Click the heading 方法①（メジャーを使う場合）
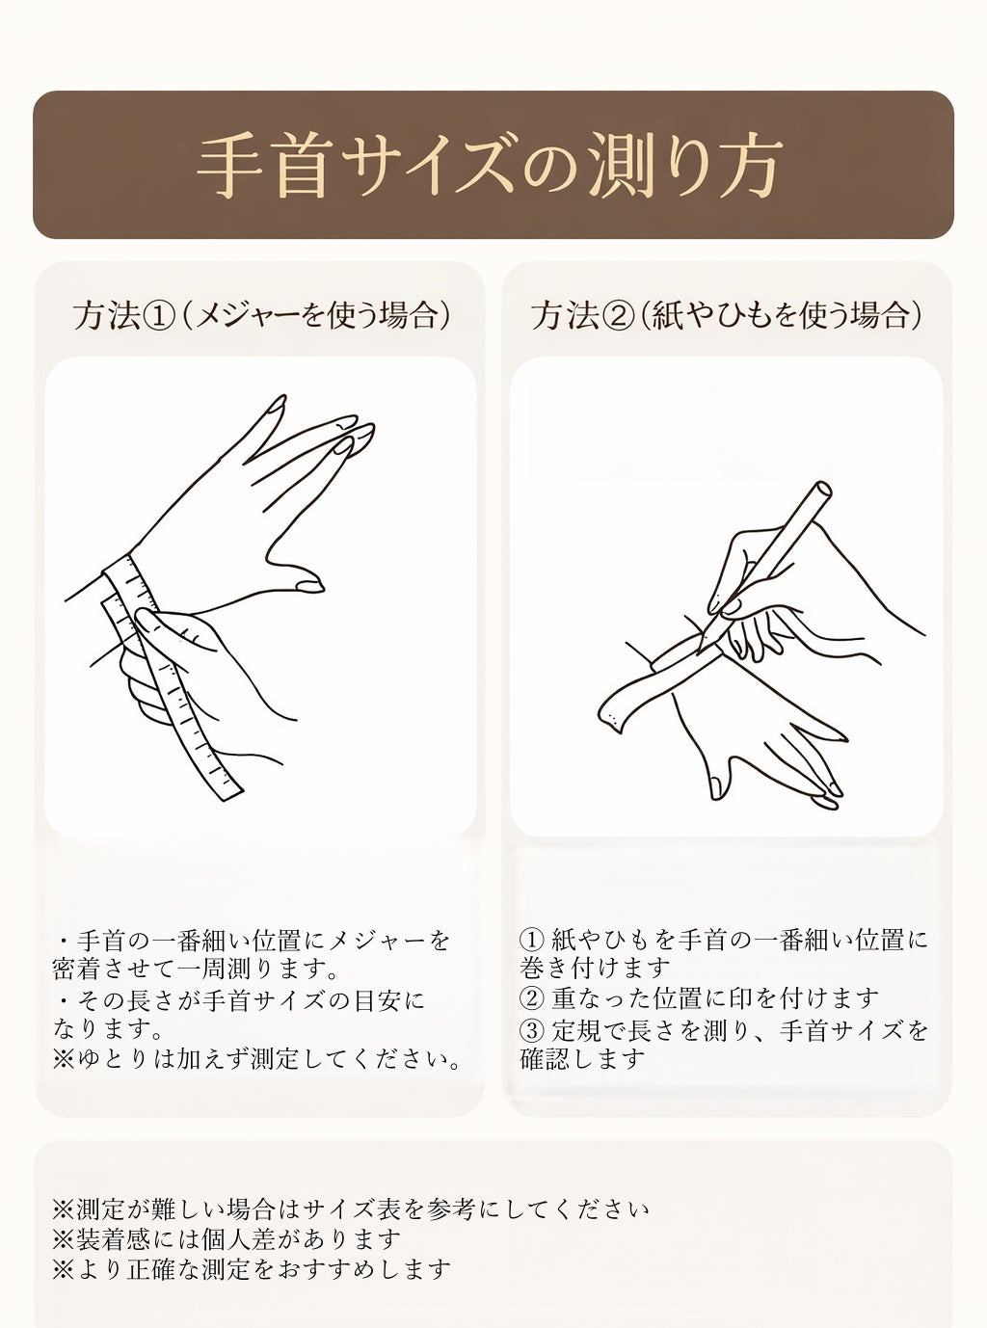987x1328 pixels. (x=262, y=316)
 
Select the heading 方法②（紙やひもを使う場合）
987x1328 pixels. (x=727, y=316)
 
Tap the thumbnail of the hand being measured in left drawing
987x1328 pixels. (x=309, y=586)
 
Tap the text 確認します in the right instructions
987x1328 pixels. (x=582, y=1059)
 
